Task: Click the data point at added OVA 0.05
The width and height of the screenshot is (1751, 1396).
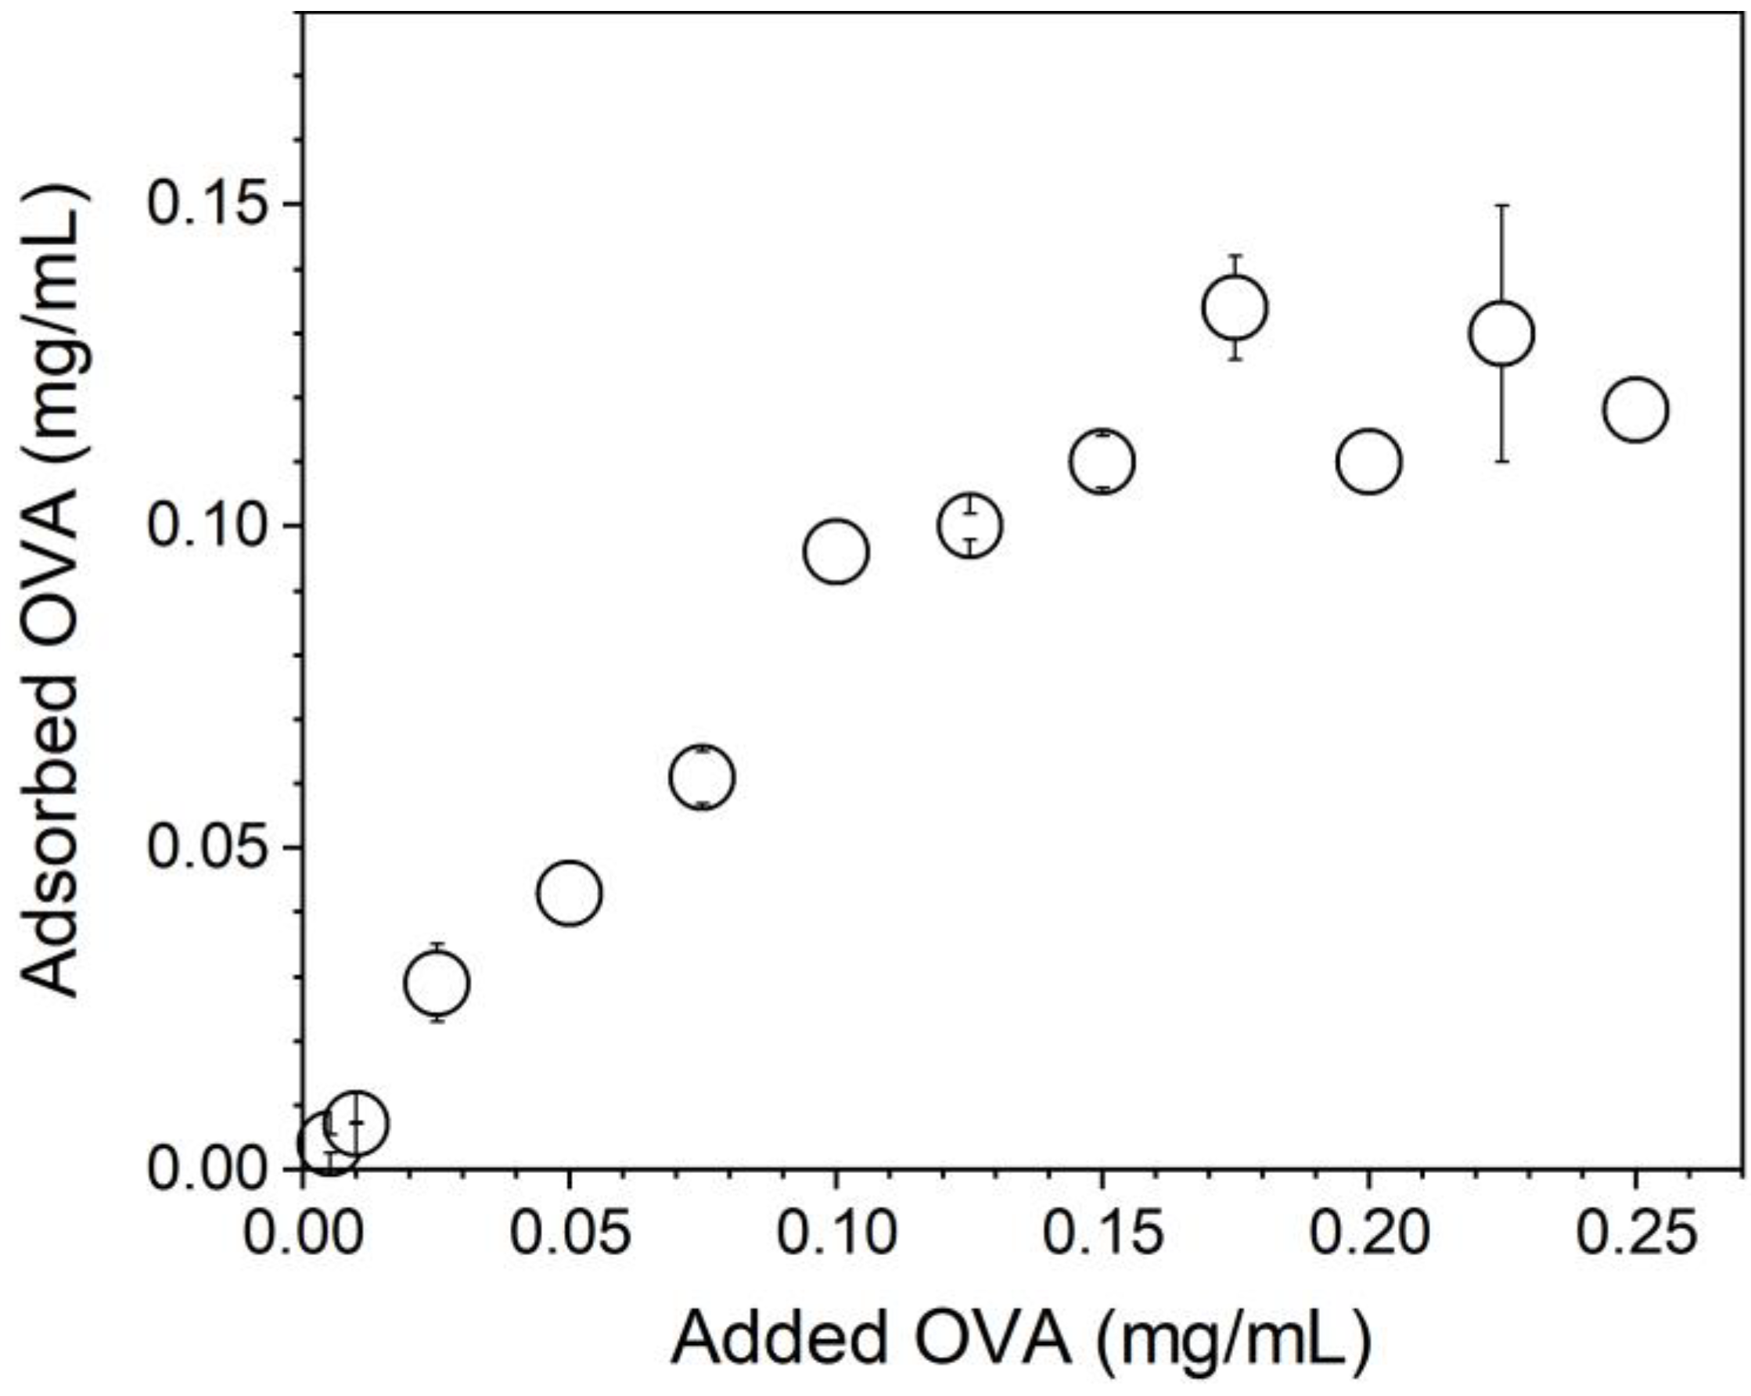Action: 570,893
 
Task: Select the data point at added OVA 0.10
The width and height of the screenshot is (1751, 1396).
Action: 836,552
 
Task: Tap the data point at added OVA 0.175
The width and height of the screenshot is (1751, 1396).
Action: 1235,307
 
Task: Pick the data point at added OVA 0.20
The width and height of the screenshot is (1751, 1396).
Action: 1368,461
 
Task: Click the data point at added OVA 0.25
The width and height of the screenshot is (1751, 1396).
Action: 1636,409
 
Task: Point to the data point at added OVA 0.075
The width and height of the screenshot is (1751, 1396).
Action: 703,777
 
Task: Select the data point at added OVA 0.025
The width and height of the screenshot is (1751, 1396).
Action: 437,984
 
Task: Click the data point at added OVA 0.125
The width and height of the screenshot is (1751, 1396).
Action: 969,525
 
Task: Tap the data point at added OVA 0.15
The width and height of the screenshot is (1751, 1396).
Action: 1102,461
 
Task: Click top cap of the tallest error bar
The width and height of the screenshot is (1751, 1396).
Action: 1502,206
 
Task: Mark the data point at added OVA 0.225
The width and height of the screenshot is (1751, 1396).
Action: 1502,333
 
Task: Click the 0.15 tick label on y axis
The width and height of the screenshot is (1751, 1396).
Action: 208,203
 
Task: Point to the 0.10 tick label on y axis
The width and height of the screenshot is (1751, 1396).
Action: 208,525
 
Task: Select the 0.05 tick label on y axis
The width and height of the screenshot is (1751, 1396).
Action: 208,847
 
